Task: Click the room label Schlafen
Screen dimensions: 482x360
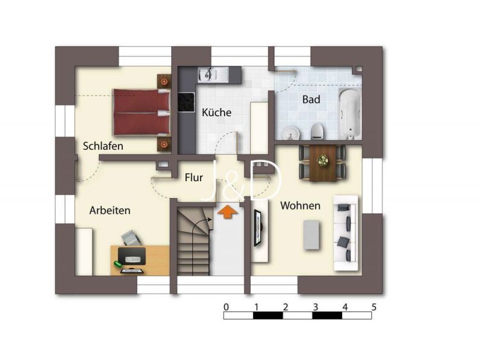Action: pyautogui.click(x=103, y=146)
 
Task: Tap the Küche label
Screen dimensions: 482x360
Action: pyautogui.click(x=217, y=112)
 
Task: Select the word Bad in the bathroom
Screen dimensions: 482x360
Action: pyautogui.click(x=311, y=99)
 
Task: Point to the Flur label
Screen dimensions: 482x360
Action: pyautogui.click(x=193, y=177)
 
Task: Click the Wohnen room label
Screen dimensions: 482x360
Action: pyautogui.click(x=300, y=205)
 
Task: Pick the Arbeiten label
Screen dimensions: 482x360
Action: pyautogui.click(x=110, y=211)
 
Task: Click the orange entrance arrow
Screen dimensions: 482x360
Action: pyautogui.click(x=227, y=212)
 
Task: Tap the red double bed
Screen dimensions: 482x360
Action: pyautogui.click(x=142, y=112)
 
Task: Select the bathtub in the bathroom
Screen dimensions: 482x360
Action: pyautogui.click(x=349, y=114)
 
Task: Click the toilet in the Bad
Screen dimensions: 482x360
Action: pyautogui.click(x=318, y=131)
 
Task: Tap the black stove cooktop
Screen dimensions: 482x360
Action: pyautogui.click(x=186, y=102)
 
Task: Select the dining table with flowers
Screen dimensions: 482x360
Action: pyautogui.click(x=323, y=163)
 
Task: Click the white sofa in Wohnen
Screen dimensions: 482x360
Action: pyautogui.click(x=346, y=233)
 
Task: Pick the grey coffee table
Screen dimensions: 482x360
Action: pyautogui.click(x=311, y=235)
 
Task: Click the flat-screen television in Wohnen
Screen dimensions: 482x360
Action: pyautogui.click(x=258, y=228)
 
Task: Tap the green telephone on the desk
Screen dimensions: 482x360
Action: pyautogui.click(x=118, y=264)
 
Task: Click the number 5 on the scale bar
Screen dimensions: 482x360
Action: pyautogui.click(x=374, y=307)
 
